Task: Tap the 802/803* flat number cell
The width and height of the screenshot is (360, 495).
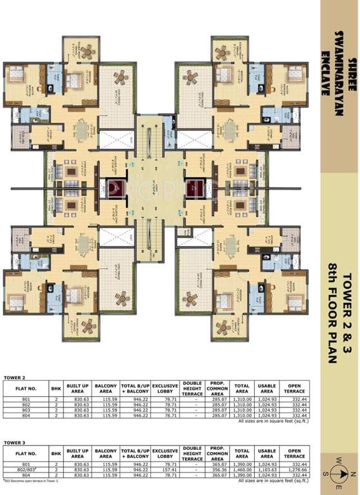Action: pos(26,470)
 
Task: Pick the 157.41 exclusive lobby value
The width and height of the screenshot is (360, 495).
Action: pos(165,470)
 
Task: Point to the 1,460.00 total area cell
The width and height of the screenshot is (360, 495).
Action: pos(243,470)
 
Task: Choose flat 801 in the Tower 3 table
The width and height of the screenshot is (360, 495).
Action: pos(26,465)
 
